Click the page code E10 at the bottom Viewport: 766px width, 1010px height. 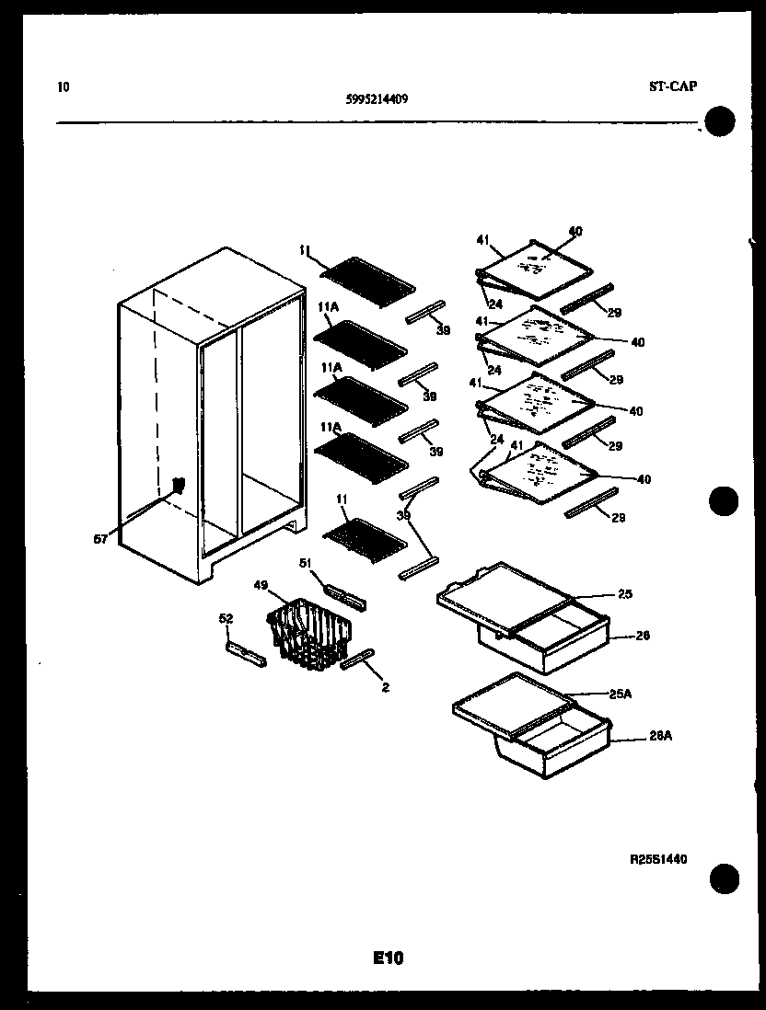coord(388,958)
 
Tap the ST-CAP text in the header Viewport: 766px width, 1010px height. coord(672,86)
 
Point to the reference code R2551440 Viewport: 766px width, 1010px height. coord(658,859)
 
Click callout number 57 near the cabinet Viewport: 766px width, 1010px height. coord(100,539)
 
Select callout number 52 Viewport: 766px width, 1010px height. coord(226,619)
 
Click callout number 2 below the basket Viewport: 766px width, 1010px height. coord(384,686)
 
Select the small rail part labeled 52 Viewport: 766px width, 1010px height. coord(246,654)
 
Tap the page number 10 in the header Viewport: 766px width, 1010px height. coord(63,87)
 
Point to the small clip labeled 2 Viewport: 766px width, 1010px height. coord(356,660)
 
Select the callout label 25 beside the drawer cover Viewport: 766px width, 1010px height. coord(625,594)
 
